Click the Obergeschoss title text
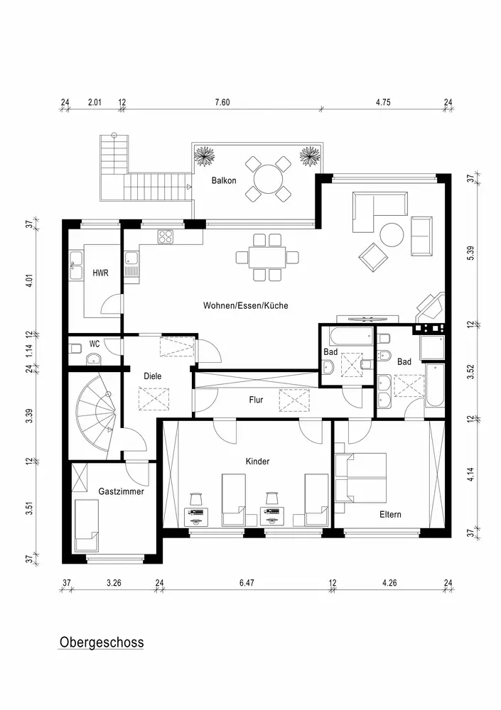tap(101, 643)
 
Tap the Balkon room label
tap(223, 180)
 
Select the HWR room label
tap(100, 273)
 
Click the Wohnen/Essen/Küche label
tap(246, 305)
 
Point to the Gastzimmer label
tap(122, 491)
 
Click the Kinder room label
tap(257, 461)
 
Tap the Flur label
tap(256, 400)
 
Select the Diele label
tap(153, 376)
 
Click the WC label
tap(94, 344)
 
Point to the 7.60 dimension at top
tap(222, 102)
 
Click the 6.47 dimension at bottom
tap(247, 583)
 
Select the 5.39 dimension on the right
tap(470, 251)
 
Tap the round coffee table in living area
tap(392, 234)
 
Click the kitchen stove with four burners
tap(167, 236)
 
